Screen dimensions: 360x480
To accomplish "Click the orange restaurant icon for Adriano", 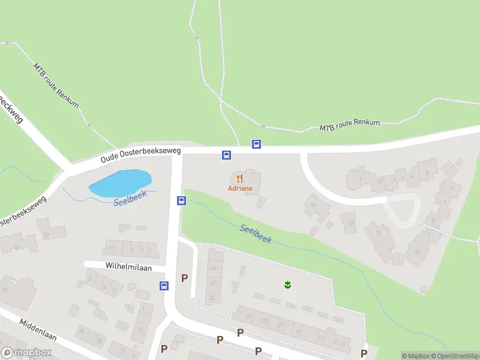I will click(x=240, y=178).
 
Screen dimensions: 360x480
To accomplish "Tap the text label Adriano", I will click(x=240, y=188).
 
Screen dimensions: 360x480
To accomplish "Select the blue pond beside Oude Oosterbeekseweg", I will click(x=121, y=182).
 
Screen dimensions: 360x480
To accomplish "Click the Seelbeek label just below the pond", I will click(x=130, y=199).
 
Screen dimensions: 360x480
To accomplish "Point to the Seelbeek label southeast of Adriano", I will click(x=256, y=233).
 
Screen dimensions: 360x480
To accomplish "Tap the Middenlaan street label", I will click(x=38, y=329).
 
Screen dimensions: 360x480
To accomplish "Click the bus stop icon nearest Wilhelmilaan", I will click(x=164, y=286).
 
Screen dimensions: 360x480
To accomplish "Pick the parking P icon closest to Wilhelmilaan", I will click(x=184, y=278).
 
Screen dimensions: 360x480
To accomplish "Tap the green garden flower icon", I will click(x=287, y=284).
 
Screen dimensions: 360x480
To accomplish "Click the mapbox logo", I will click(x=26, y=353).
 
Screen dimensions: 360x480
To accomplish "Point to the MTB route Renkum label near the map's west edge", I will click(x=56, y=85).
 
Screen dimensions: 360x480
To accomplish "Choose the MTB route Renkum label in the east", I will click(x=350, y=125).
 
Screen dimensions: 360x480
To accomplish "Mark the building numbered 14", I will click(x=314, y=205).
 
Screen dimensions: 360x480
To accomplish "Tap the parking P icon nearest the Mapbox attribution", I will click(x=364, y=353).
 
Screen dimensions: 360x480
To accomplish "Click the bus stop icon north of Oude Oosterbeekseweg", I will click(x=256, y=144).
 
